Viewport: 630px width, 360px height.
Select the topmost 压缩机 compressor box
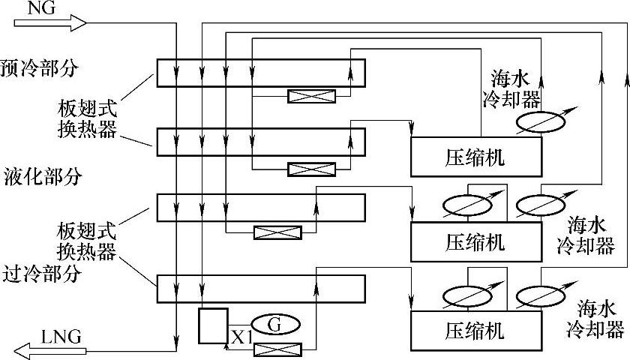click(x=475, y=157)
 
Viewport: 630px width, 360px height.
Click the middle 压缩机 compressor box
click(x=475, y=242)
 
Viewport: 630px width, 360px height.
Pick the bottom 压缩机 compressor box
click(x=475, y=330)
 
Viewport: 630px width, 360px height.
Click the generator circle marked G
click(x=275, y=325)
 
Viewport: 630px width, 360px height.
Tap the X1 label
click(x=240, y=337)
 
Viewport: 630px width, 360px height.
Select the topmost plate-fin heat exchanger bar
click(x=260, y=73)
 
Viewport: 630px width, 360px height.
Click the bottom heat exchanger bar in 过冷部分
click(x=260, y=288)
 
